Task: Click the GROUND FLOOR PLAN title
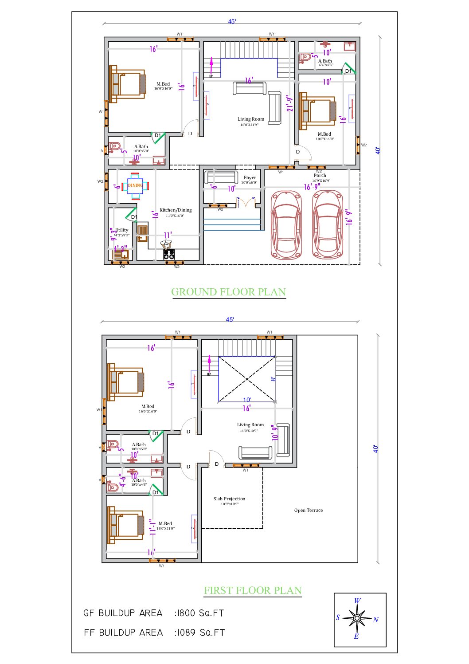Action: [228, 292]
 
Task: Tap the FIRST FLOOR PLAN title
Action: [253, 590]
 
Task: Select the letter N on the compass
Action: [375, 620]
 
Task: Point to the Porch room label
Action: [320, 175]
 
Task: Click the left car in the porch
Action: [286, 225]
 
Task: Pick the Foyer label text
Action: [250, 177]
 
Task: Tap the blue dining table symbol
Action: [135, 185]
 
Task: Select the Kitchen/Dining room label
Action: [176, 210]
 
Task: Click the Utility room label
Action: [122, 230]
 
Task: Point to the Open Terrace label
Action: [308, 510]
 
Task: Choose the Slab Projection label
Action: [229, 499]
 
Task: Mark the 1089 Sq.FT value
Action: [201, 633]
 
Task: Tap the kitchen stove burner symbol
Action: [169, 255]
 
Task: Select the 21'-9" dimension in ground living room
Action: [290, 103]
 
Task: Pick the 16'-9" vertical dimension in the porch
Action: [349, 217]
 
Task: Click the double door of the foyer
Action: [247, 203]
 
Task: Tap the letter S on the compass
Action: [338, 617]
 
